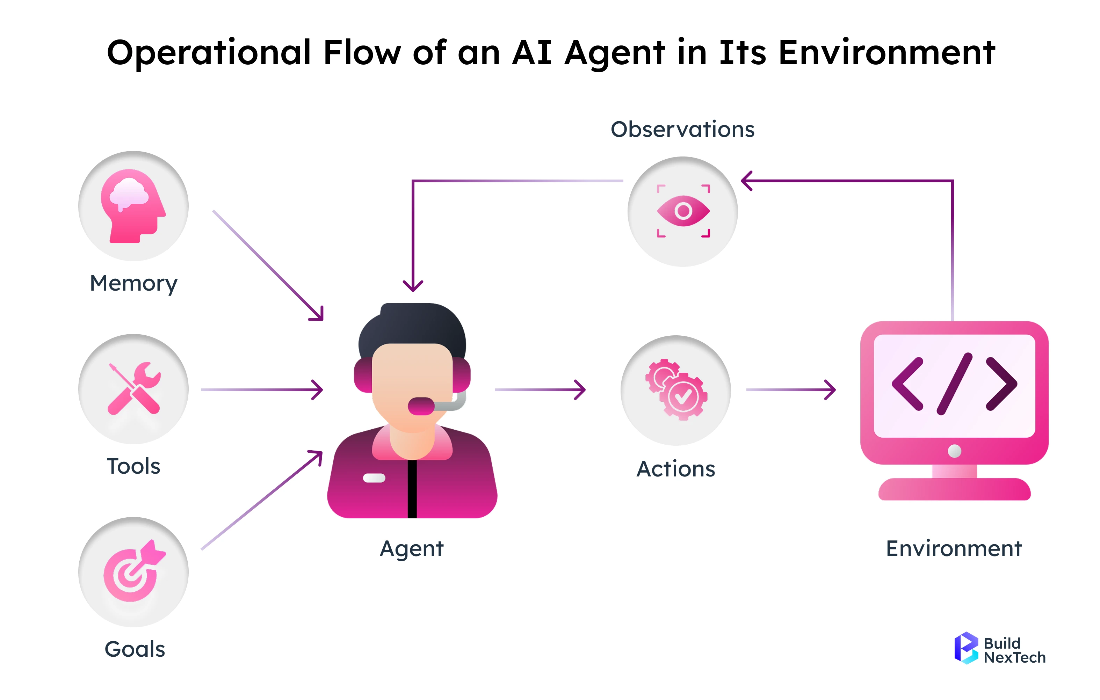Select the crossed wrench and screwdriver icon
[133, 388]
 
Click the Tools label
[133, 466]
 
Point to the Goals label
[135, 649]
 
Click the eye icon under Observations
[683, 211]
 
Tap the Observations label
[682, 129]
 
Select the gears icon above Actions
[676, 389]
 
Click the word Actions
[676, 469]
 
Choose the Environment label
[954, 548]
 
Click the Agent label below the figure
[412, 548]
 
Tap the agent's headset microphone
[421, 406]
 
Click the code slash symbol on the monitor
[954, 384]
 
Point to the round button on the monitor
[954, 451]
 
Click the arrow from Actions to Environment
[791, 389]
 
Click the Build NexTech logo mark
[966, 648]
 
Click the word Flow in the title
[362, 52]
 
